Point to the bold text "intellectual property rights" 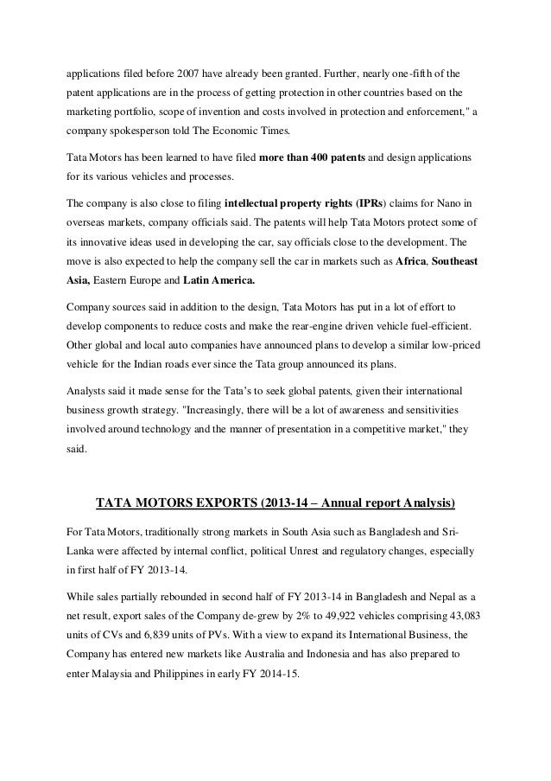coord(286,202)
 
